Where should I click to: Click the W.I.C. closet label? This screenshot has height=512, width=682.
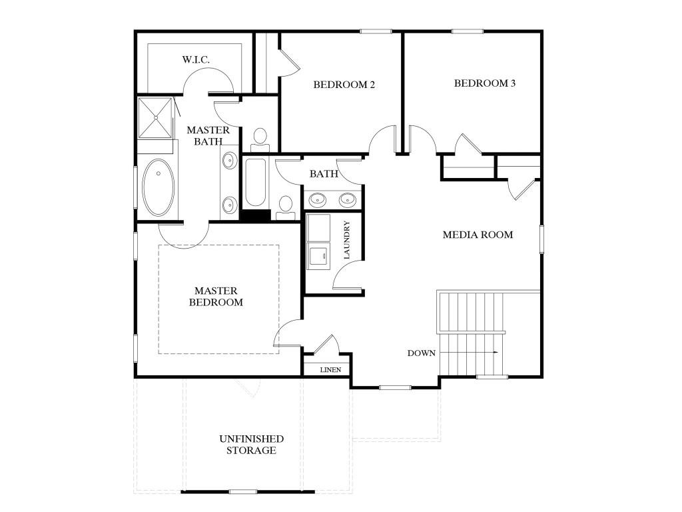pyautogui.click(x=196, y=60)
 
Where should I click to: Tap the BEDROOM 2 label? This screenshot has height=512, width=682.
pyautogui.click(x=344, y=85)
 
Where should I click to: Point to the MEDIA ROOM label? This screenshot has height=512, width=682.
pyautogui.click(x=478, y=235)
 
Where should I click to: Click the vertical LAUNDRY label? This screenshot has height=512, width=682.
pyautogui.click(x=346, y=240)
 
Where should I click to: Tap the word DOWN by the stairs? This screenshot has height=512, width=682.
pyautogui.click(x=422, y=353)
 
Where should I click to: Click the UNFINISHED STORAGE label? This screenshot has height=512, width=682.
pyautogui.click(x=251, y=445)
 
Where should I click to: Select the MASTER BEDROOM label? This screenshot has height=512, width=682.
pyautogui.click(x=216, y=297)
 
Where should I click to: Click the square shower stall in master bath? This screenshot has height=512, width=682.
pyautogui.click(x=156, y=118)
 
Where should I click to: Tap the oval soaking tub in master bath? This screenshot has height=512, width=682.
pyautogui.click(x=159, y=187)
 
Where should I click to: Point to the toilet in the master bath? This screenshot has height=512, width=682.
pyautogui.click(x=259, y=139)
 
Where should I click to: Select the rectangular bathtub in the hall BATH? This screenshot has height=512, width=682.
pyautogui.click(x=256, y=183)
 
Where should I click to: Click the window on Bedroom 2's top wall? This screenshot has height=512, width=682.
pyautogui.click(x=376, y=31)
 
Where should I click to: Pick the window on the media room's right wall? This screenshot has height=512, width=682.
pyautogui.click(x=542, y=240)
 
